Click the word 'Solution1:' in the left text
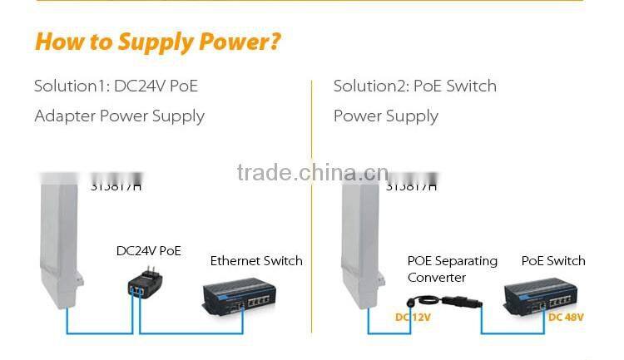[70, 86]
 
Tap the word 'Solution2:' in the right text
[370, 86]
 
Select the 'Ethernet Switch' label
[256, 261]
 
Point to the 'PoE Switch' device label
[553, 261]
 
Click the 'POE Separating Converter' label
[452, 269]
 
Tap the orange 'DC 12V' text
[413, 317]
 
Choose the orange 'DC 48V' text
[566, 317]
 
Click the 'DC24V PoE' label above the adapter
[149, 250]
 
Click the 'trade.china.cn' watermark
[312, 173]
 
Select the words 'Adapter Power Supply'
[119, 116]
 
